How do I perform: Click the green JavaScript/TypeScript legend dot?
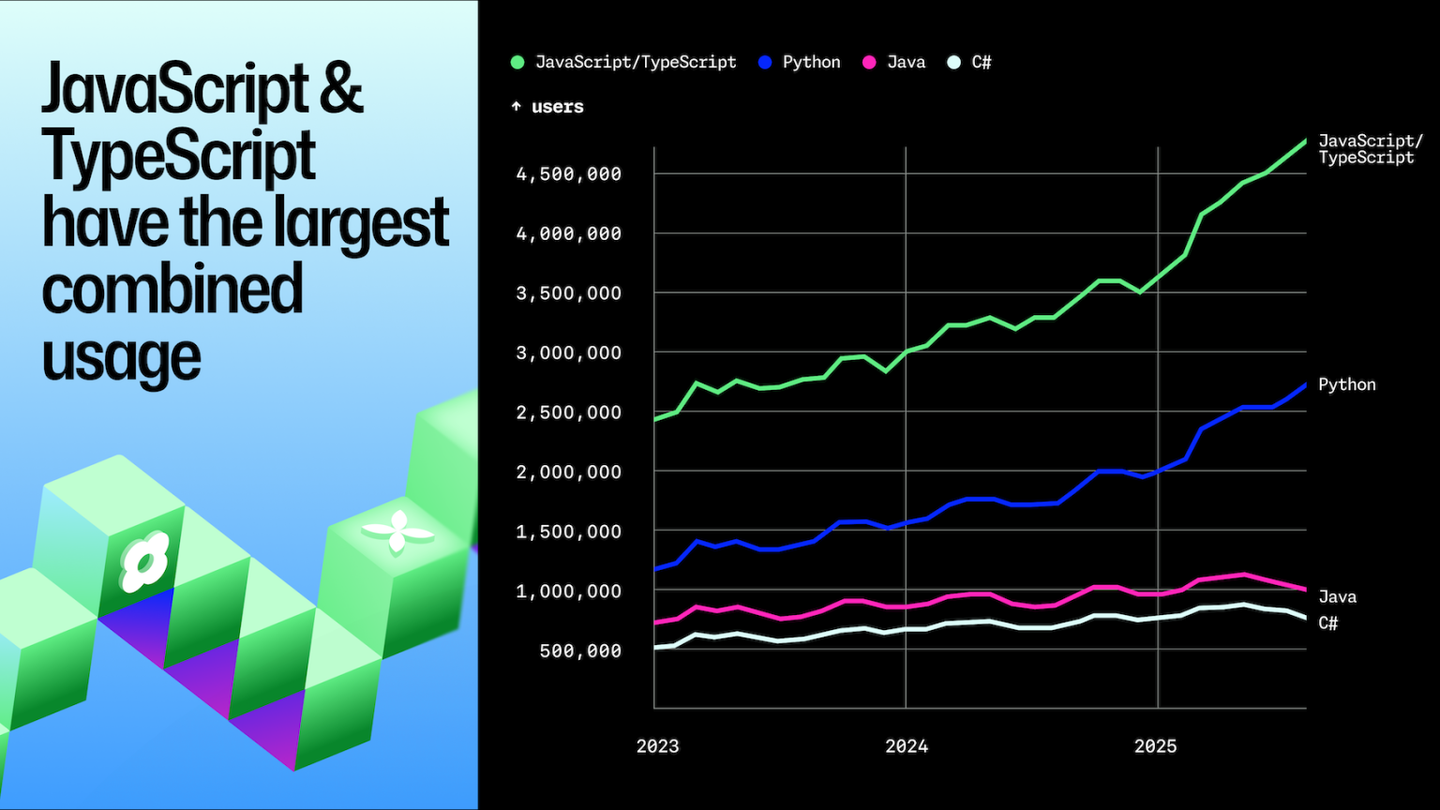(517, 63)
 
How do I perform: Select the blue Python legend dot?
(765, 63)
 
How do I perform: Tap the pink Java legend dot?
(869, 63)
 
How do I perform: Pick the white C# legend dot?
(954, 63)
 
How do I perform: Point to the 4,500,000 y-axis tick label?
(569, 174)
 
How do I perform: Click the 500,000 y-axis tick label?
(580, 652)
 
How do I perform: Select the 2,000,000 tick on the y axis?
(569, 472)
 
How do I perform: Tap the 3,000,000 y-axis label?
(569, 352)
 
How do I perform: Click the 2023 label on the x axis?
(657, 746)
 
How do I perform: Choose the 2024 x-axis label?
(907, 746)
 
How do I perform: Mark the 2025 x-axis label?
(1155, 746)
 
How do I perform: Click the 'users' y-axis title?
(558, 107)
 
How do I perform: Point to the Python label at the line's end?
(1347, 385)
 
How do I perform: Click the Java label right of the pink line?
(1338, 597)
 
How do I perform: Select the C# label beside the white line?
(1328, 622)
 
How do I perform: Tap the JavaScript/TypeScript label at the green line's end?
(1371, 149)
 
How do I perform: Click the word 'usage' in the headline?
(122, 357)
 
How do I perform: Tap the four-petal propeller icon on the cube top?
(397, 532)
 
